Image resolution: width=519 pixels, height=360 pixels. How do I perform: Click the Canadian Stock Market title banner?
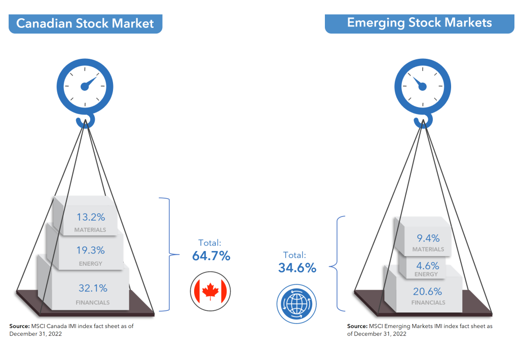pyautogui.click(x=85, y=23)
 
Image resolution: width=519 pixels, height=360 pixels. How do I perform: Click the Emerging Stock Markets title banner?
pyautogui.click(x=419, y=23)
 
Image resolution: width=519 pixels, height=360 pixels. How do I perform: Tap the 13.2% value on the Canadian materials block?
pyautogui.click(x=91, y=218)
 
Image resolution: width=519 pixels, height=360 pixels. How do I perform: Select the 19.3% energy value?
pyautogui.click(x=91, y=250)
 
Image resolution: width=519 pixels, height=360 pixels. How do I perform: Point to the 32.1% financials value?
pyautogui.click(x=93, y=289)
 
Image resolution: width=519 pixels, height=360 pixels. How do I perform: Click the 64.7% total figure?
pyautogui.click(x=211, y=256)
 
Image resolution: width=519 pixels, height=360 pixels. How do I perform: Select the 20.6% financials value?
pyautogui.click(x=428, y=291)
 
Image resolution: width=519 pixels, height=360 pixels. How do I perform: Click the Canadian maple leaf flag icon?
pyautogui.click(x=210, y=291)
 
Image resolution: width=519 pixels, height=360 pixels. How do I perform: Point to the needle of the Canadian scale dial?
pyautogui.click(x=90, y=82)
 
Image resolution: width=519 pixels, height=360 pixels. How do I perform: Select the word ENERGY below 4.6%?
pyautogui.click(x=426, y=274)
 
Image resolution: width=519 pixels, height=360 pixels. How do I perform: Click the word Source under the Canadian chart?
pyautogui.click(x=19, y=326)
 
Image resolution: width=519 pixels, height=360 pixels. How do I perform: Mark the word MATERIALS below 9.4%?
pyautogui.click(x=428, y=249)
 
